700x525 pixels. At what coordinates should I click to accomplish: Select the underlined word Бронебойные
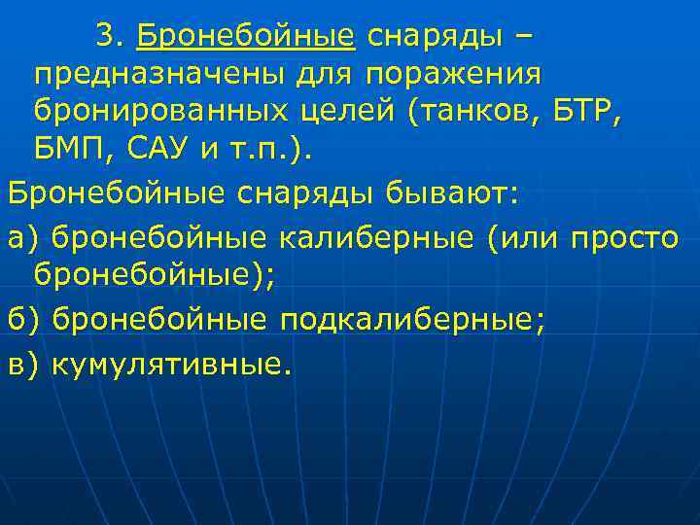click(x=246, y=37)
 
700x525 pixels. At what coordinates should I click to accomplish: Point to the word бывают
click(x=454, y=192)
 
